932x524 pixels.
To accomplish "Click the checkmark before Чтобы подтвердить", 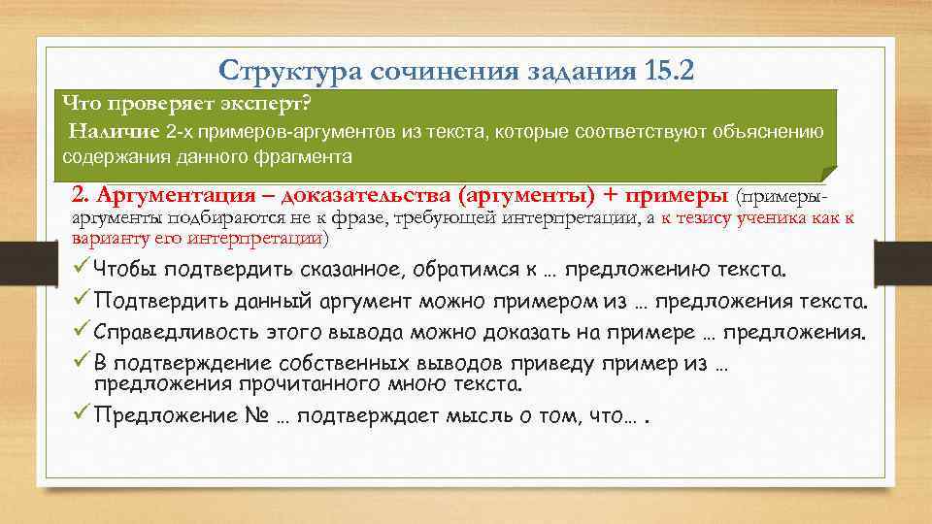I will (82, 269).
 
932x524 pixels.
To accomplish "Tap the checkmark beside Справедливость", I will (82, 333).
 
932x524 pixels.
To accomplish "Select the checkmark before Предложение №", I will (82, 416).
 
